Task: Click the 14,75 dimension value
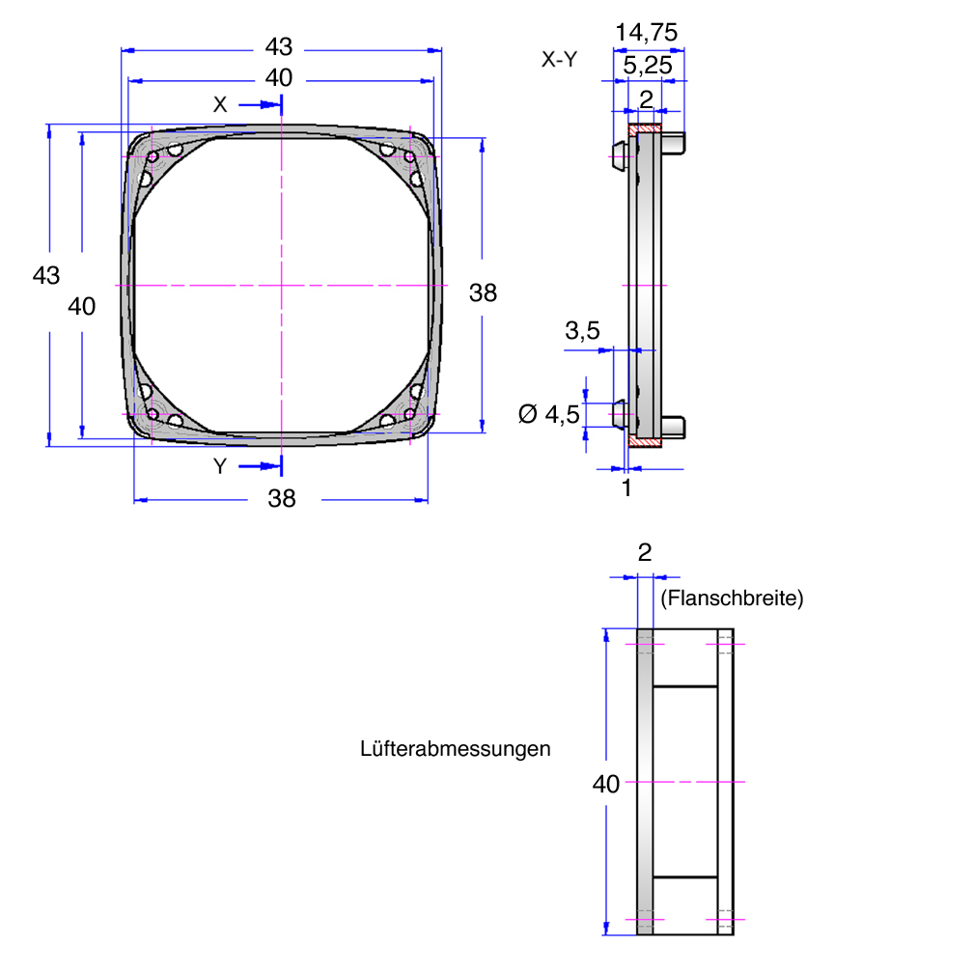click(x=646, y=32)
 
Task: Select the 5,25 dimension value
click(x=647, y=66)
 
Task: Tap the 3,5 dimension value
click(x=582, y=331)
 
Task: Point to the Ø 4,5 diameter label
click(x=548, y=414)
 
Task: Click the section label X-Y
click(x=559, y=60)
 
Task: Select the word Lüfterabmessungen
click(x=455, y=748)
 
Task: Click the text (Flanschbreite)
click(x=732, y=598)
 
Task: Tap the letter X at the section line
click(x=220, y=104)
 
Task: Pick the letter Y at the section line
click(x=220, y=466)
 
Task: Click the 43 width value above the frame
click(x=279, y=47)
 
